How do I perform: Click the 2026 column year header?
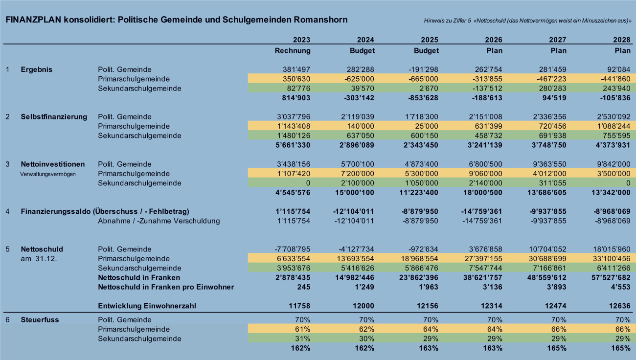[494, 40]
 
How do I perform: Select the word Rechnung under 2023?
[293, 51]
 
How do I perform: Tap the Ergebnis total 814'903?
[296, 98]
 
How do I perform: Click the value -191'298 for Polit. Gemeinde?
[423, 69]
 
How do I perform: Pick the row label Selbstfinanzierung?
[54, 117]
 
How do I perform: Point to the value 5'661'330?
[293, 145]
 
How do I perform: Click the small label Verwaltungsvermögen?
[48, 174]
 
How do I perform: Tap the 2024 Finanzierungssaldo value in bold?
[354, 211]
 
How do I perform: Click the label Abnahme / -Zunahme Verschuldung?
[159, 221]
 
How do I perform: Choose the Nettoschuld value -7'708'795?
[293, 249]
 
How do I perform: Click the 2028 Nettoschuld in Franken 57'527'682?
[611, 278]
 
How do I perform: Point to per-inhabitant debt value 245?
[304, 287]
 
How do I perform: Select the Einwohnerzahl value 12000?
[363, 306]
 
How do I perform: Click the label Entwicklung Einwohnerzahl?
[147, 306]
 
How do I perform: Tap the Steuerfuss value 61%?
[303, 329]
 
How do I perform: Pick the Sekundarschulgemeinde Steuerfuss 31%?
[303, 338]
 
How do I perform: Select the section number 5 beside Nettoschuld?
[8, 249]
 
